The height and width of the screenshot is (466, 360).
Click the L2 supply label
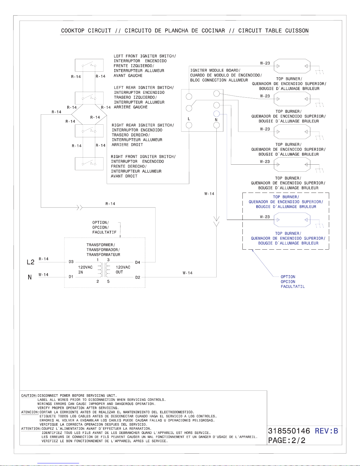pyautogui.click(x=31, y=262)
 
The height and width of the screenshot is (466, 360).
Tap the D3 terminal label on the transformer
pyautogui.click(x=71, y=262)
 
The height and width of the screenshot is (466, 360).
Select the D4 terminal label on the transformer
pyautogui.click(x=138, y=262)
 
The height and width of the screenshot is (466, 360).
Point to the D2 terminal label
pyautogui.click(x=138, y=277)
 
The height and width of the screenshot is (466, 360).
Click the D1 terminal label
pyautogui.click(x=71, y=277)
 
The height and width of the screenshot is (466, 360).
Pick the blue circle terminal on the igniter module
pyautogui.click(x=216, y=114)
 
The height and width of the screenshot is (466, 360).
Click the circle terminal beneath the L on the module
pyautogui.click(x=189, y=125)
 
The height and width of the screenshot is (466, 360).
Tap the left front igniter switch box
pyautogui.click(x=89, y=65)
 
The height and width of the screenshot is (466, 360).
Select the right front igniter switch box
pyautogui.click(x=89, y=164)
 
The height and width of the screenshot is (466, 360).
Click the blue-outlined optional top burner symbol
pyautogui.click(x=292, y=220)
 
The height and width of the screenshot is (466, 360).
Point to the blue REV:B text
pyautogui.click(x=326, y=431)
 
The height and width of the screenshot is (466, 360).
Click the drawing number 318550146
pyautogui.click(x=289, y=431)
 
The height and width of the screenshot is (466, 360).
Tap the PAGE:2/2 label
pyautogui.click(x=287, y=440)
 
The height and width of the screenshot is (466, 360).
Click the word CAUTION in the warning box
pyautogui.click(x=29, y=395)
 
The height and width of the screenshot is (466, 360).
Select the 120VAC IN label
pyautogui.click(x=85, y=270)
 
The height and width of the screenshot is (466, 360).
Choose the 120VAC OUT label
pyautogui.click(x=123, y=270)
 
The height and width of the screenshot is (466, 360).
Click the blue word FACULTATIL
pyautogui.click(x=293, y=286)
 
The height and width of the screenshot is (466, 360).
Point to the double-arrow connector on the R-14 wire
pyautogui.click(x=80, y=207)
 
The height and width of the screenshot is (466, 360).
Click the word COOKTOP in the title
pyautogui.click(x=73, y=31)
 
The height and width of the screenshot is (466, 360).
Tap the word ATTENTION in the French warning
pyautogui.click(x=31, y=428)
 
